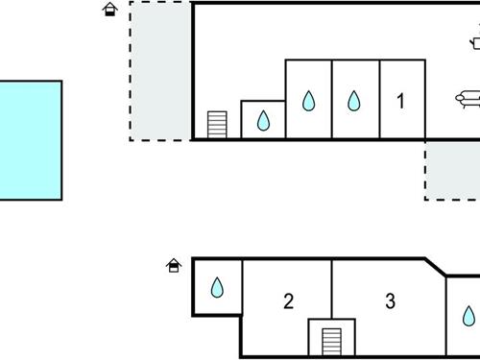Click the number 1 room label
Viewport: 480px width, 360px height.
click(x=401, y=100)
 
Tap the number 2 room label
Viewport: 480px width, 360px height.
click(x=288, y=301)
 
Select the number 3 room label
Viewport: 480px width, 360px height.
click(x=390, y=301)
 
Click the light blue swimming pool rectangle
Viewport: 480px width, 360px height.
click(x=29, y=140)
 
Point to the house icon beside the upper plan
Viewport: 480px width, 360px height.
click(x=110, y=10)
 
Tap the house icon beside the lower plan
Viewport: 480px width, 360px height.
click(x=174, y=265)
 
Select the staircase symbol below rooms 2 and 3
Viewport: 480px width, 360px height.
click(x=331, y=341)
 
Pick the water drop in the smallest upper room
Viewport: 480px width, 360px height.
click(x=262, y=121)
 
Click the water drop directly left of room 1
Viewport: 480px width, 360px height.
click(x=354, y=100)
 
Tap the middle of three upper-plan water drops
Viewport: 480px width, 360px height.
click(x=308, y=100)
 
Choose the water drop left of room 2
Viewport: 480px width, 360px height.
click(x=217, y=287)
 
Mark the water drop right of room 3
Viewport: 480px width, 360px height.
click(x=468, y=316)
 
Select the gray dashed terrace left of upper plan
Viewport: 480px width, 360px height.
click(x=160, y=71)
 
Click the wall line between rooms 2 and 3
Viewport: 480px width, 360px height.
click(x=332, y=288)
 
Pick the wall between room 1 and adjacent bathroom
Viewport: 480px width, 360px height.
click(x=379, y=100)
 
